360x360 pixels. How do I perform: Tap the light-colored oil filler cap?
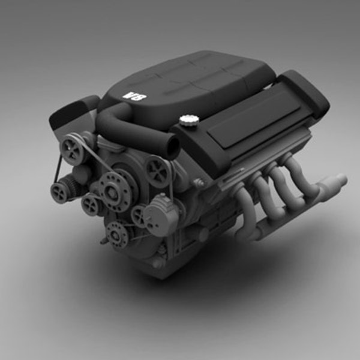188,121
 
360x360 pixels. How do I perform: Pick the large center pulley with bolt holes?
112,190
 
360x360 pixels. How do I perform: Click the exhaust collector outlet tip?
341,179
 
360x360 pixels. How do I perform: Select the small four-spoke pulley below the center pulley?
91,206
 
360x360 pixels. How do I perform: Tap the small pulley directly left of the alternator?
139,215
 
